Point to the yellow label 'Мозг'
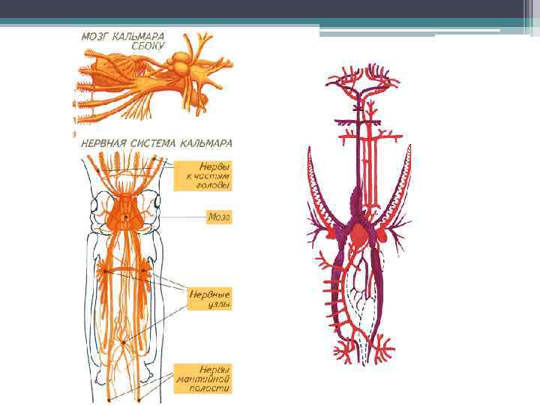219,217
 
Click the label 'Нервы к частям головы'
205,175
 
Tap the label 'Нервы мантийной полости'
203,379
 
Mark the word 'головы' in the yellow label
215,185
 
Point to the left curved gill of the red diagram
319,199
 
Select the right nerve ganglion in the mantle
147,271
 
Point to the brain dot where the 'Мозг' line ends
126,217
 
